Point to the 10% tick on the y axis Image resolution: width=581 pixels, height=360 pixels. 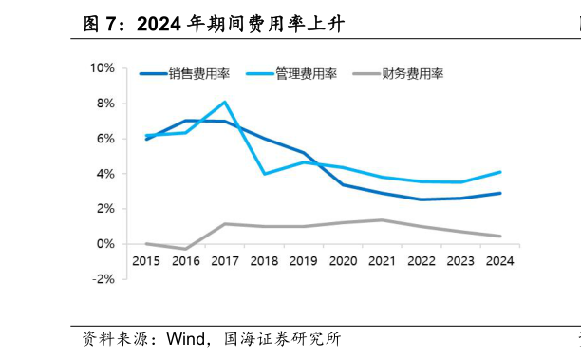[x=102, y=68]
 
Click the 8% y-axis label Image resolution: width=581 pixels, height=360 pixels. [x=104, y=104]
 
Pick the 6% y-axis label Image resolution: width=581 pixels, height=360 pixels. [x=104, y=139]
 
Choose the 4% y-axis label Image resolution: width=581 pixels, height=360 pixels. [x=104, y=174]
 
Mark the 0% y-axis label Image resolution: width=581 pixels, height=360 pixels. [x=104, y=244]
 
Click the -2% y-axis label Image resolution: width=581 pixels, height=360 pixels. [x=103, y=279]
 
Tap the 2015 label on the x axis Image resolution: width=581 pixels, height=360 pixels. [x=146, y=261]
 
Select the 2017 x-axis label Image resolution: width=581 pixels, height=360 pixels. [x=224, y=261]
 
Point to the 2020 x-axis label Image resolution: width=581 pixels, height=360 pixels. [x=342, y=261]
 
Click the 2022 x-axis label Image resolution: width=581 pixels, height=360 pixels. [x=421, y=261]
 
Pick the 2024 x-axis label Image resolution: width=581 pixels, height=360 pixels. [x=499, y=261]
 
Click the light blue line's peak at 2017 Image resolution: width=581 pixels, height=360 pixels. [x=224, y=102]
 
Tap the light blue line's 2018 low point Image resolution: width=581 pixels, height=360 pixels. [x=264, y=174]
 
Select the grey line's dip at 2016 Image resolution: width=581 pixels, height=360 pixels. [x=185, y=249]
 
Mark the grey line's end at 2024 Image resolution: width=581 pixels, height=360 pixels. [x=499, y=237]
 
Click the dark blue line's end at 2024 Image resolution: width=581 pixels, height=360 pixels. [x=499, y=193]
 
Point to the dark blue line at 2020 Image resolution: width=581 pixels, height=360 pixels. [x=342, y=184]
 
